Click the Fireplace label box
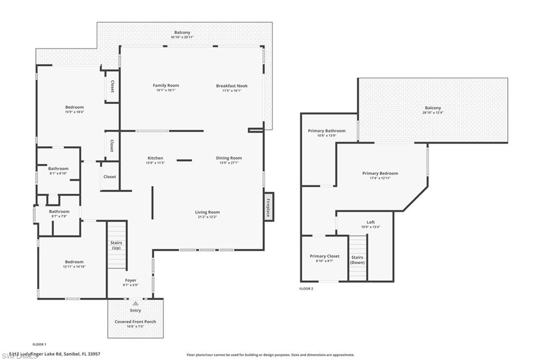pos(268,207)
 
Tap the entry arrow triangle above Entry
pos(136,304)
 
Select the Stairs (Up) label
pos(117,245)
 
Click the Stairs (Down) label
pos(358,260)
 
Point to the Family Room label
pos(166,86)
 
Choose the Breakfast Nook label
pos(231,86)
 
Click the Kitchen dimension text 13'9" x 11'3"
pos(155,163)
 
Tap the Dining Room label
pos(229,158)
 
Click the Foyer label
pos(130,280)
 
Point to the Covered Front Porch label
pos(135,321)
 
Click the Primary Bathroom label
pos(327,131)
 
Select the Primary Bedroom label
pos(380,173)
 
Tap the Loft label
pos(370,222)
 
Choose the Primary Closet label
pos(324,256)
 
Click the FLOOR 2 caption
pos(306,289)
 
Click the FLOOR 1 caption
pos(40,344)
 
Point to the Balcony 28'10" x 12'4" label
pos(432,108)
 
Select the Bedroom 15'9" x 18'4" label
pos(74,107)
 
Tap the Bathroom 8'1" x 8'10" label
pos(59,168)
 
